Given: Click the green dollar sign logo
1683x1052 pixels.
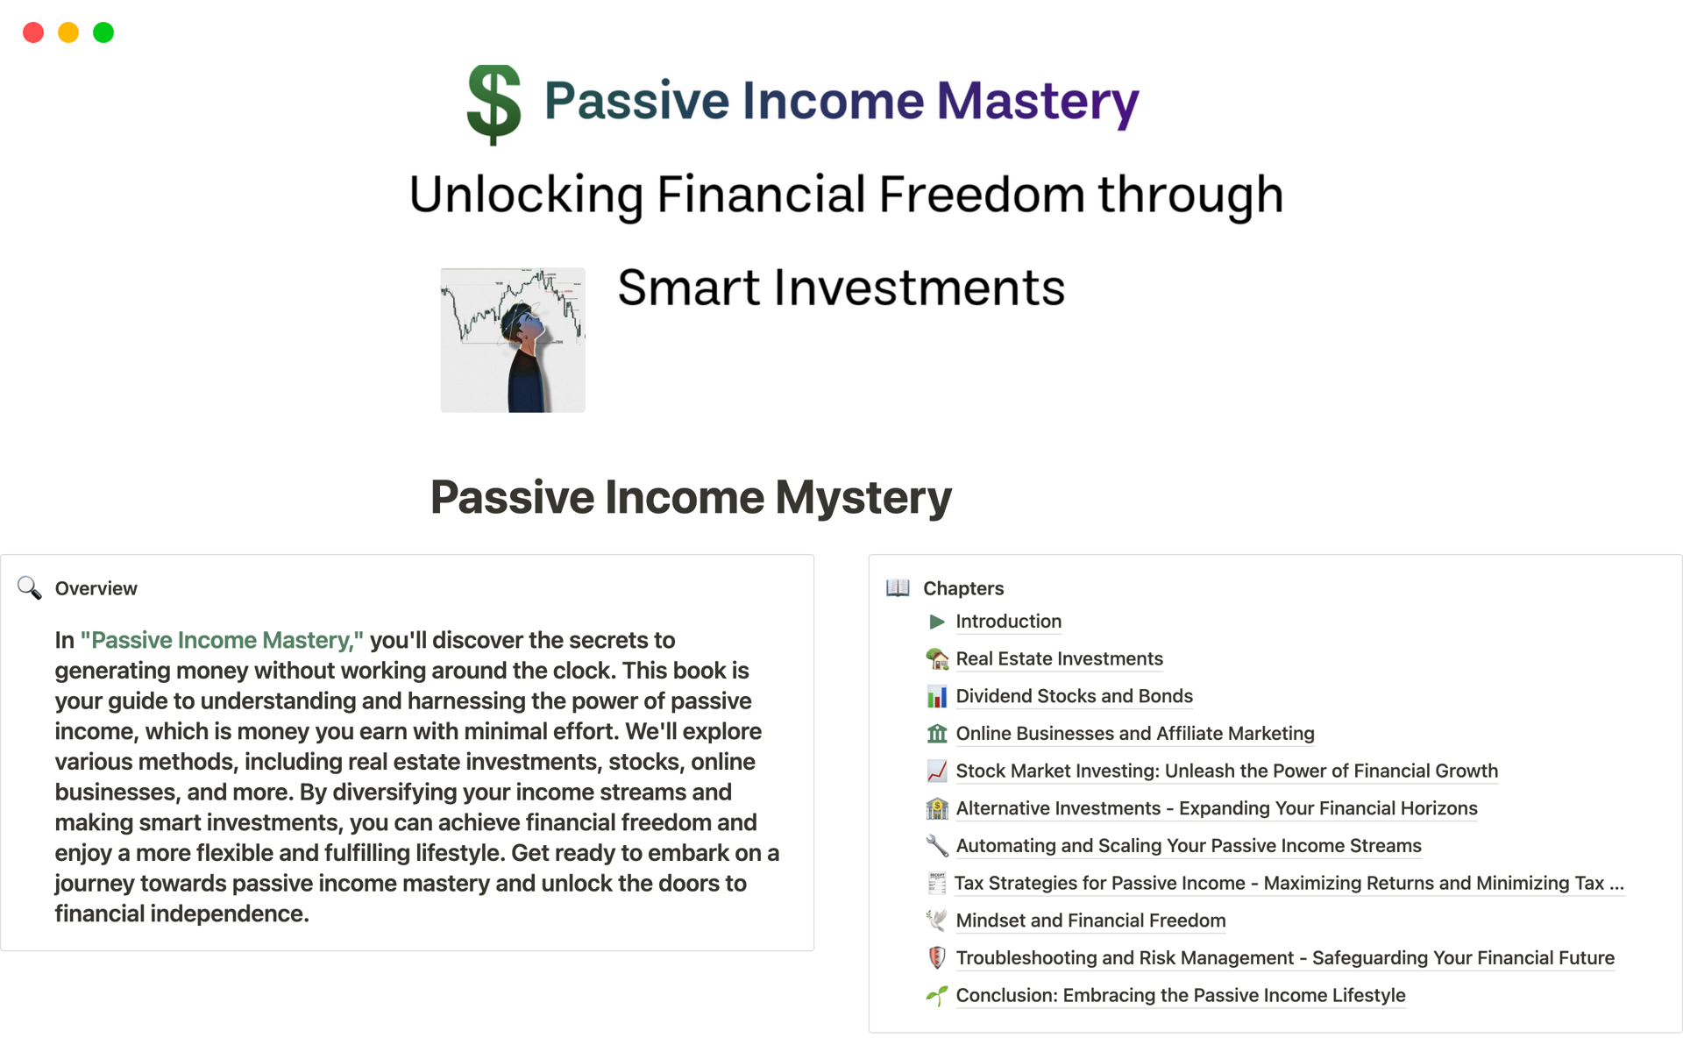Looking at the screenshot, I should [x=494, y=103].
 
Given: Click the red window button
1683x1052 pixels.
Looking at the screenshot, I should [x=33, y=32].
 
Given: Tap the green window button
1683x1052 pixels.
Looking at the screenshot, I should [x=103, y=32].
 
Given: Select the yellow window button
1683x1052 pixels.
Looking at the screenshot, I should [x=68, y=32].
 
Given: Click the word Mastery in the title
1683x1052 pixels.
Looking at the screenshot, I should [x=1038, y=102].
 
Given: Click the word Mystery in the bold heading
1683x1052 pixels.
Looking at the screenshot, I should [x=863, y=498].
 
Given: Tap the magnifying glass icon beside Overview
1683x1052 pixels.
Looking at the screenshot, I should [x=30, y=587].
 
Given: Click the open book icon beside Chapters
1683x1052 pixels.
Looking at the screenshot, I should [x=898, y=587].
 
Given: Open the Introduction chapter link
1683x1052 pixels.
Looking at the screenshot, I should [x=1008, y=622].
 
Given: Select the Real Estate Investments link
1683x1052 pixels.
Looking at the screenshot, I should [x=1059, y=659].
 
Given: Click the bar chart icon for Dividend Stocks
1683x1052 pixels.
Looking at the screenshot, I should [x=937, y=696].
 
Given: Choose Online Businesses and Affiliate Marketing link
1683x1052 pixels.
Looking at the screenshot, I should [x=1134, y=734].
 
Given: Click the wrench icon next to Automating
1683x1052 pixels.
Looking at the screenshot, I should [x=937, y=846].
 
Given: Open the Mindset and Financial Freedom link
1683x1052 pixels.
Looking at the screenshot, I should [x=1090, y=920].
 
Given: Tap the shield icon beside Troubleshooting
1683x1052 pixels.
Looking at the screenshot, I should [x=937, y=957].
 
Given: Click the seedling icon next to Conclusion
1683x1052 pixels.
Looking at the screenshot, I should [x=937, y=995].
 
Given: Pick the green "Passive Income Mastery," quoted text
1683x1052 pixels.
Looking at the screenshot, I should [x=222, y=641].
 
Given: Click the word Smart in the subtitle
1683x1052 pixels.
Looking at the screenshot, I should [x=689, y=288].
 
